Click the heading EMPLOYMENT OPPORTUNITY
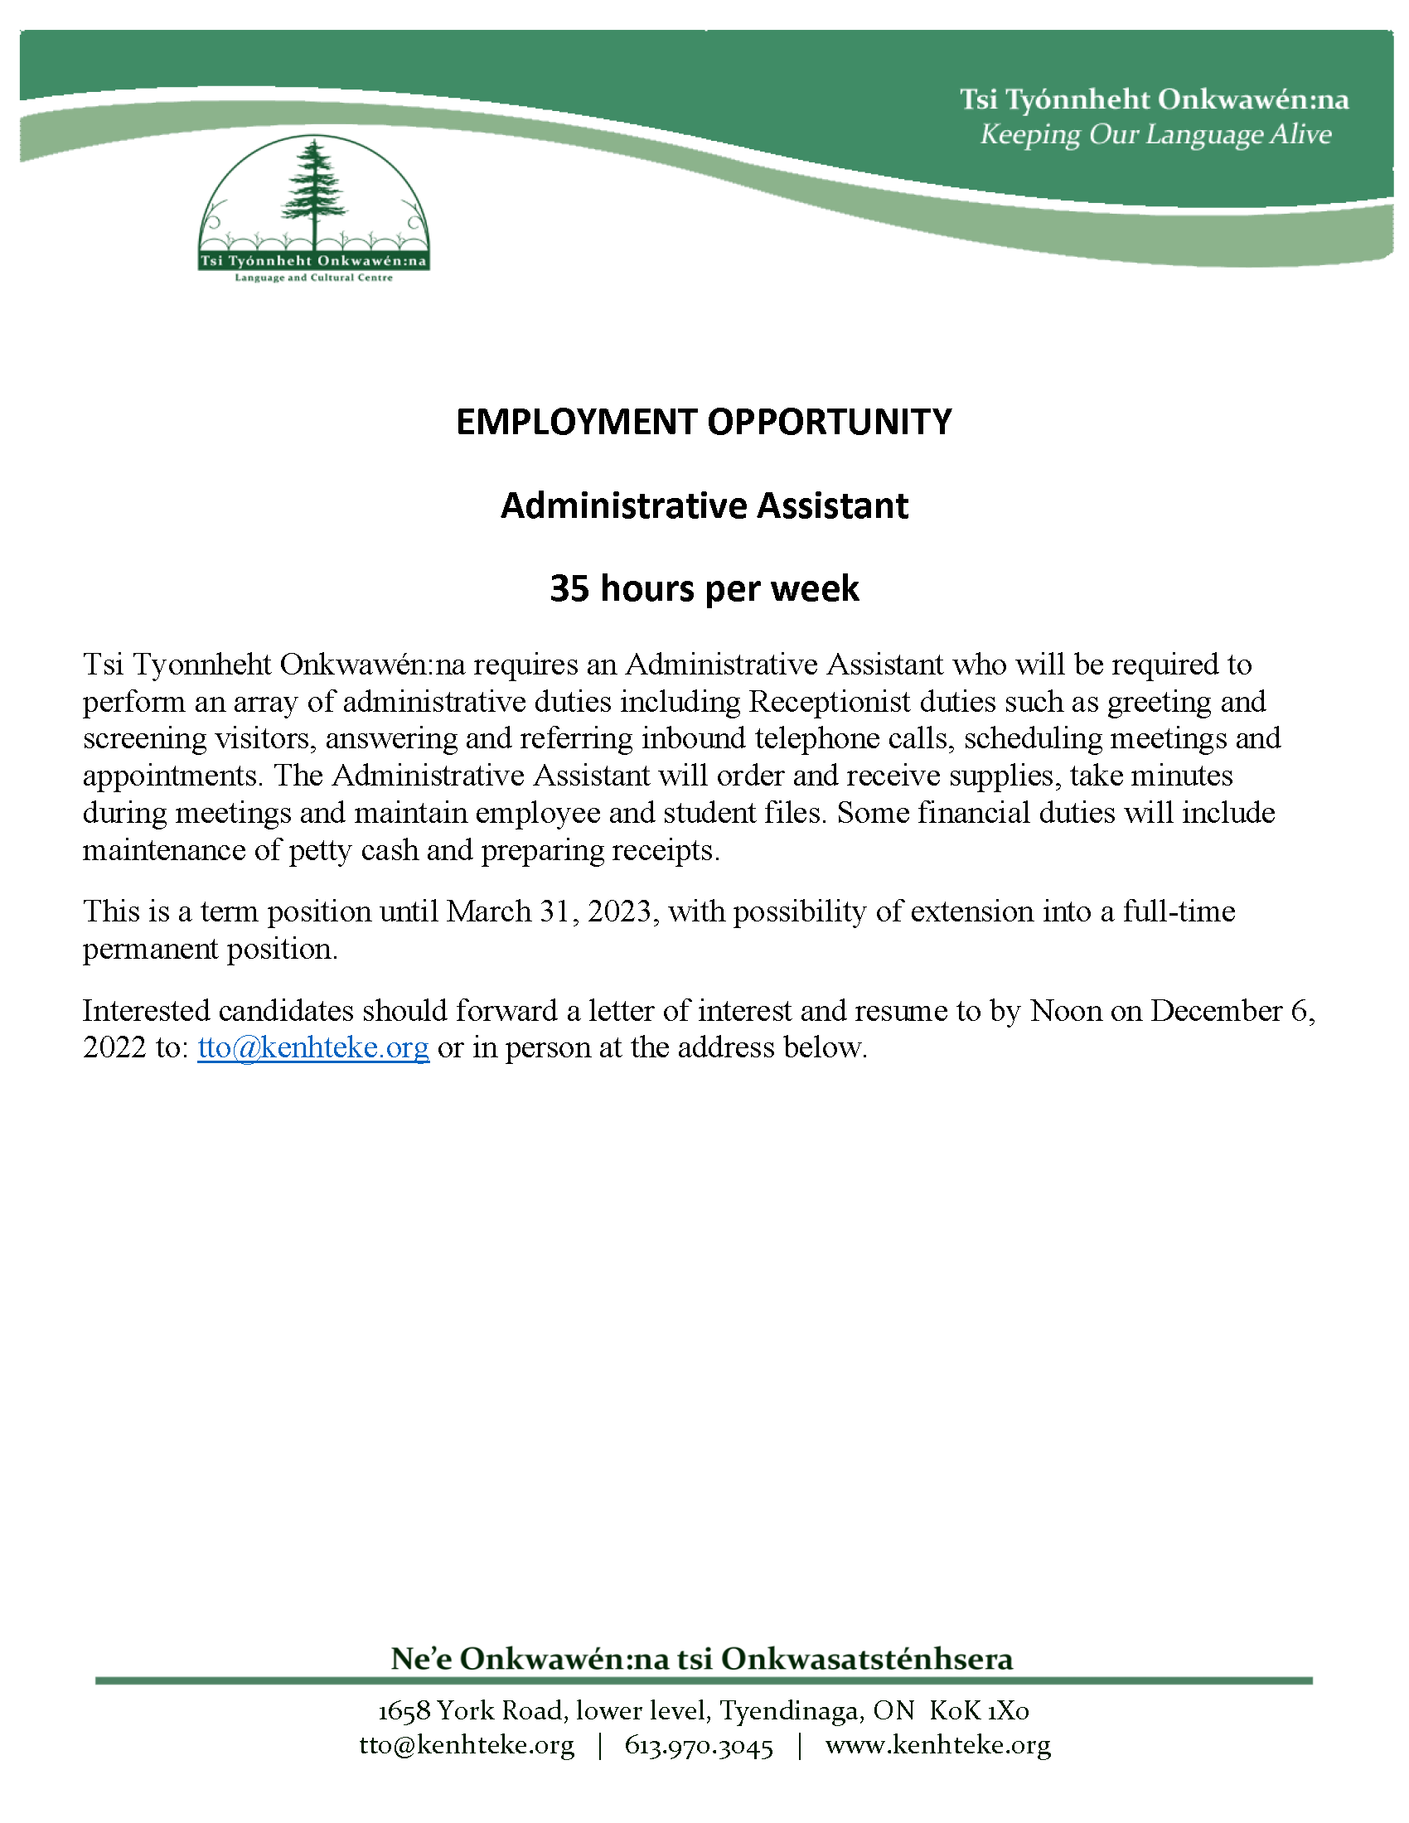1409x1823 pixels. tap(704, 422)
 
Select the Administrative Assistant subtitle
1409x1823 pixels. tap(704, 505)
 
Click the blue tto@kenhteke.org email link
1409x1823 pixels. tap(313, 1047)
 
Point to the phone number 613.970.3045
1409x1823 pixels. tap(699, 1745)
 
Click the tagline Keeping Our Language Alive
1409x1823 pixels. tap(1155, 134)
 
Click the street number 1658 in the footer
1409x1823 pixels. tap(404, 1711)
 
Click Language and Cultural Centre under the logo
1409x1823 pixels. tap(313, 278)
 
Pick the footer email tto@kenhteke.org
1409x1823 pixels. tap(467, 1745)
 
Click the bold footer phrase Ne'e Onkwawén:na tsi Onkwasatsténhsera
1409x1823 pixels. tap(702, 1659)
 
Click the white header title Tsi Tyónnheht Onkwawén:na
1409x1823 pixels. tap(1154, 100)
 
